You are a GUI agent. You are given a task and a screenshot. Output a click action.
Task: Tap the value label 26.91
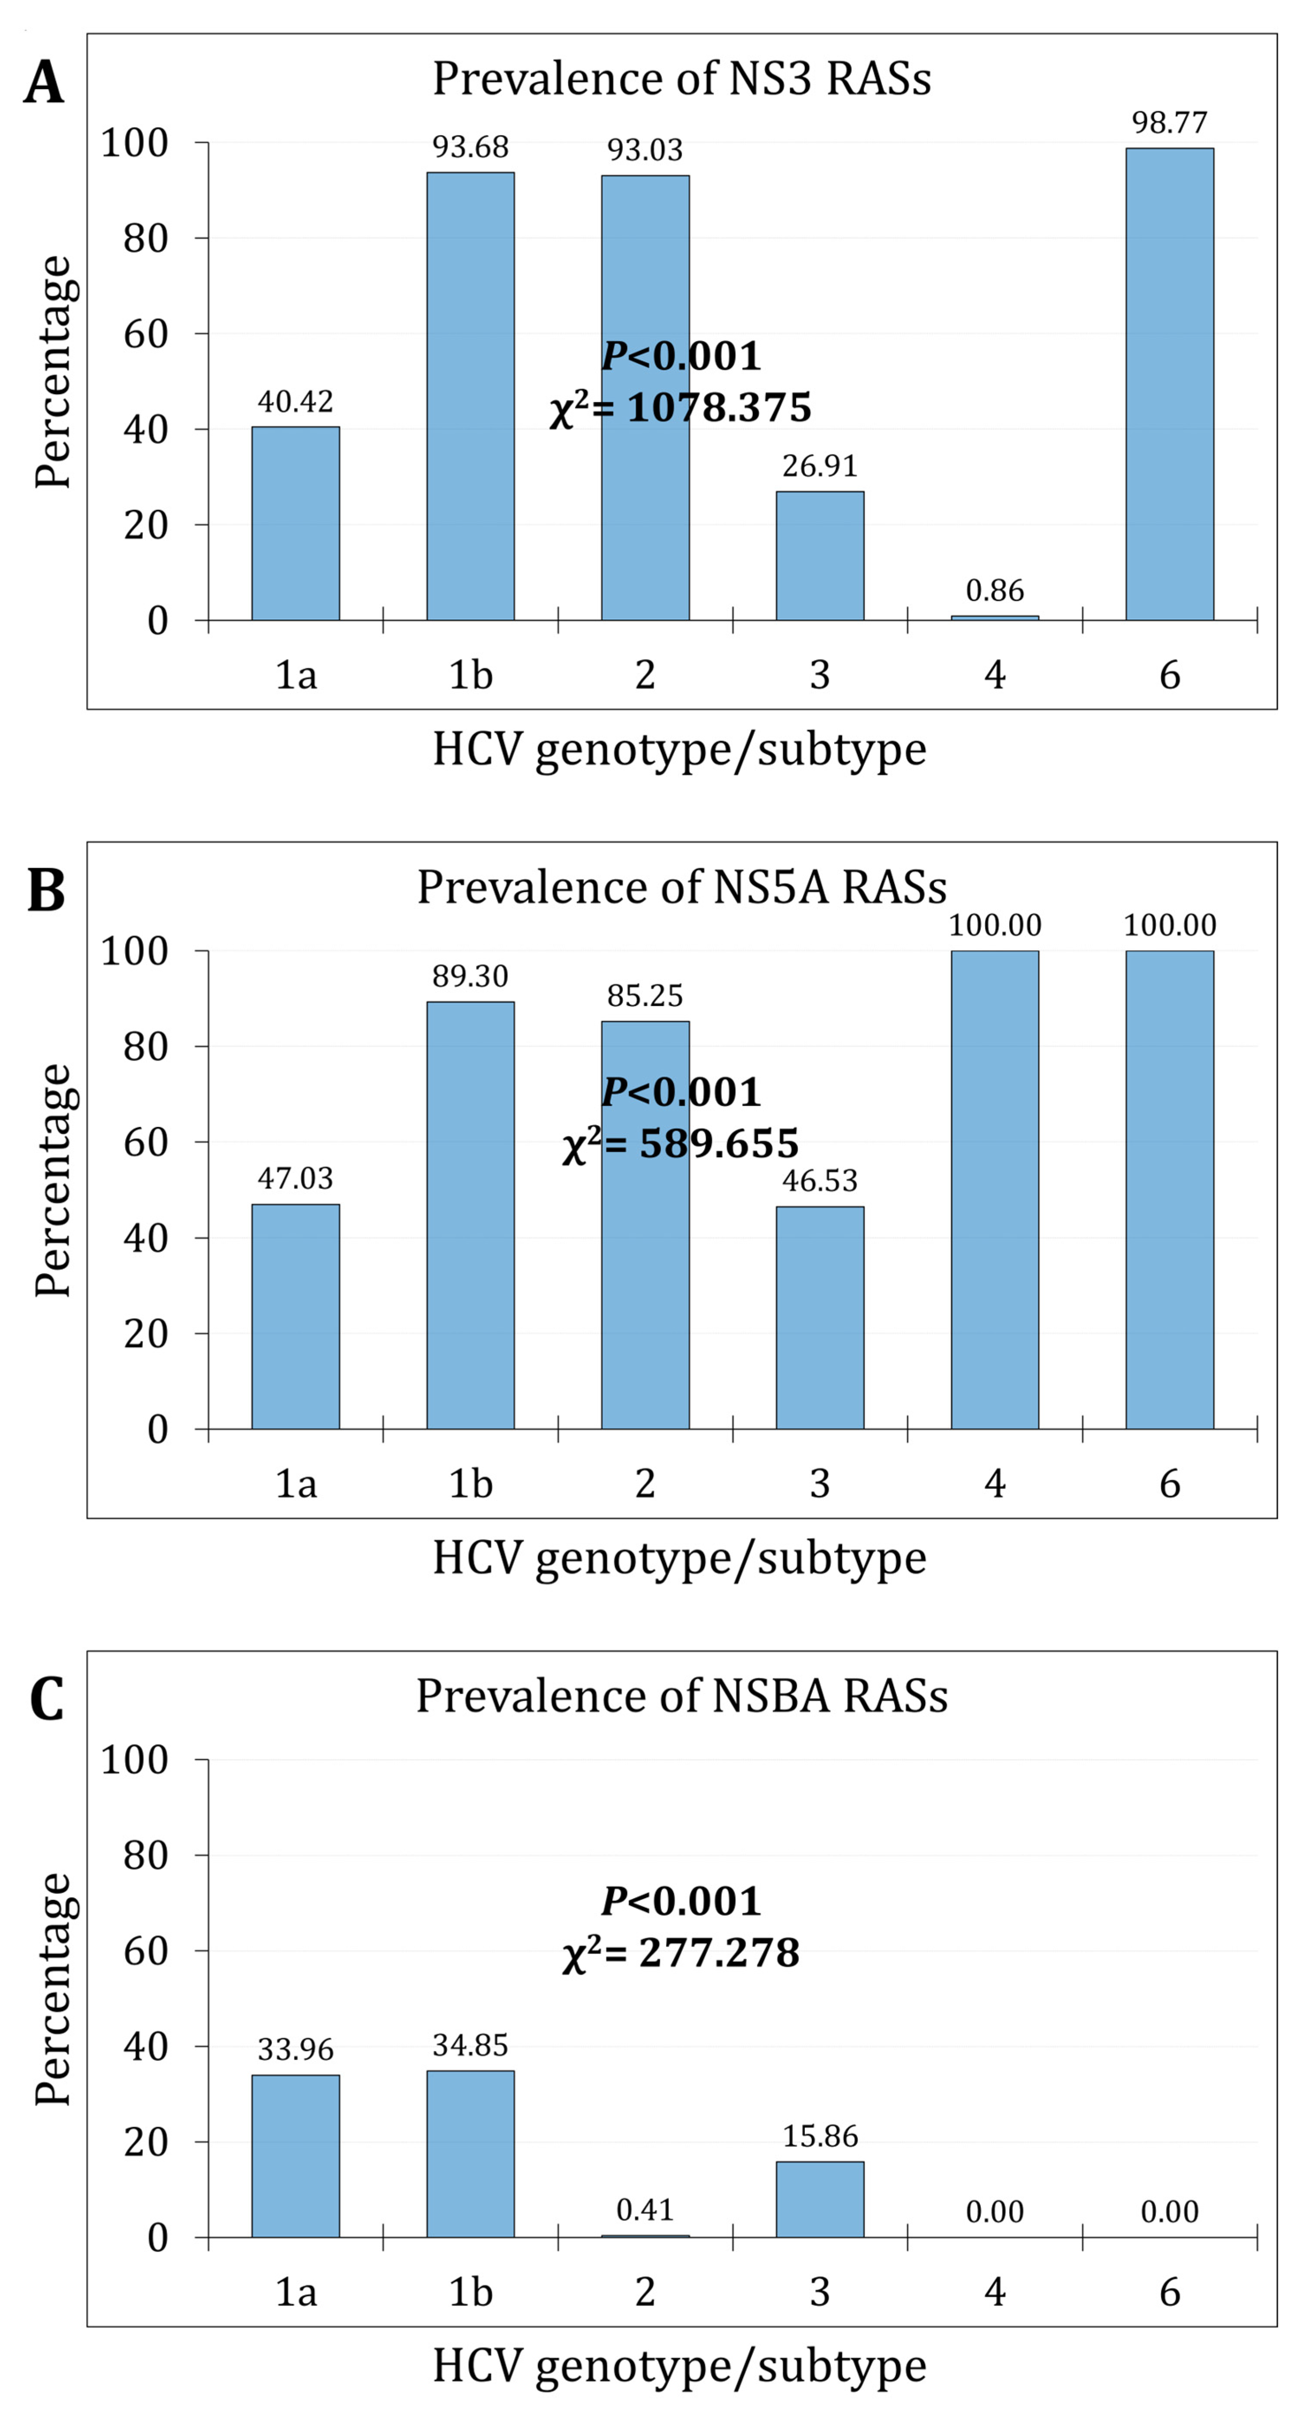tap(820, 466)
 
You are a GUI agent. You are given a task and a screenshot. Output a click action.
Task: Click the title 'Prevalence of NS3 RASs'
tap(681, 78)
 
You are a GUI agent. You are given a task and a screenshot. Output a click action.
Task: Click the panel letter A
tap(43, 83)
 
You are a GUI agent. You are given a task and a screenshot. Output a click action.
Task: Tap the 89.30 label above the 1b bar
tap(470, 975)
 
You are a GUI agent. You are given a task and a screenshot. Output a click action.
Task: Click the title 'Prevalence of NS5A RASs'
tap(681, 887)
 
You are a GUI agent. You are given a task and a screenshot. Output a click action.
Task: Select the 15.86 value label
tap(820, 2136)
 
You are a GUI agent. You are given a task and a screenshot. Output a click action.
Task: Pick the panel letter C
tap(45, 1700)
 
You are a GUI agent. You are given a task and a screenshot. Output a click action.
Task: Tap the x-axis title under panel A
tap(679, 750)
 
